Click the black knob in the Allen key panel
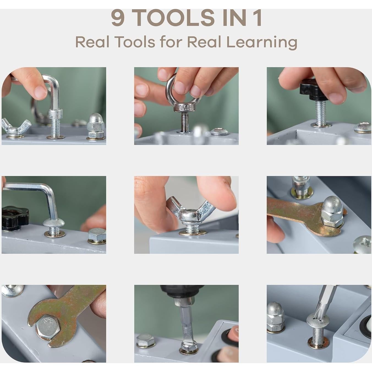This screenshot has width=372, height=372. point(15,218)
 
